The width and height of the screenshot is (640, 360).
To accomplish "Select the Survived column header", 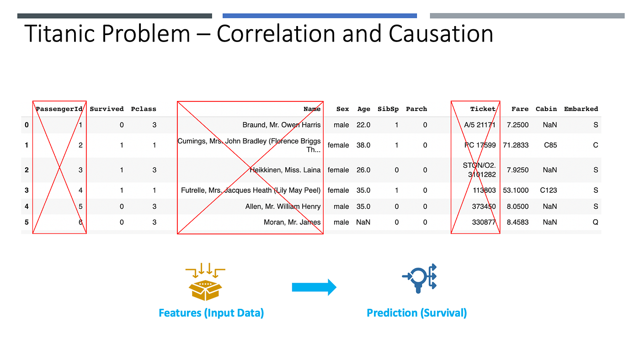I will coord(107,109).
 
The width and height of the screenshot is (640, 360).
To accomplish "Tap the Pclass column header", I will coord(144,109).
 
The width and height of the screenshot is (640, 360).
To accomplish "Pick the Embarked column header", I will coord(581,109).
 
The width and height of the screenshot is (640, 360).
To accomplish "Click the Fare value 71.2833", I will coord(516,145).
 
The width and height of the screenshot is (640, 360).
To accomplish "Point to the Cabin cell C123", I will coord(546,191).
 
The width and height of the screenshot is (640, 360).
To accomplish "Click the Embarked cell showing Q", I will coord(596,222).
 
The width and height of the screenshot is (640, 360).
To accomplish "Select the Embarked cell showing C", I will coord(596,145).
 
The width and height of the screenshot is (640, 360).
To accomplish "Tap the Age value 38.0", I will coord(363,145).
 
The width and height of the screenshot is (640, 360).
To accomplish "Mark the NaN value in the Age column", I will coord(363,222).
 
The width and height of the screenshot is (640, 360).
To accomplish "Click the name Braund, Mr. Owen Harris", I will coord(282,125).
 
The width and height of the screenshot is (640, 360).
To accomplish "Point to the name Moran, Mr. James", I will coord(292,222).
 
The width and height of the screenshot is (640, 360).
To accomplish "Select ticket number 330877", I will coord(484,222).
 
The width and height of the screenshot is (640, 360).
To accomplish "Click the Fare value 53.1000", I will coord(516,191).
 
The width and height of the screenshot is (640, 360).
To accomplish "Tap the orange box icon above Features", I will coord(205,284).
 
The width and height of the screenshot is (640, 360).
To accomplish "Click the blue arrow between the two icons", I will coord(314,287).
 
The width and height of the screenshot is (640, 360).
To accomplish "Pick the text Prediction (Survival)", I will coord(416,313).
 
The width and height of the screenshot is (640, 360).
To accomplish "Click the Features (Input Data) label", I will coord(211,313).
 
